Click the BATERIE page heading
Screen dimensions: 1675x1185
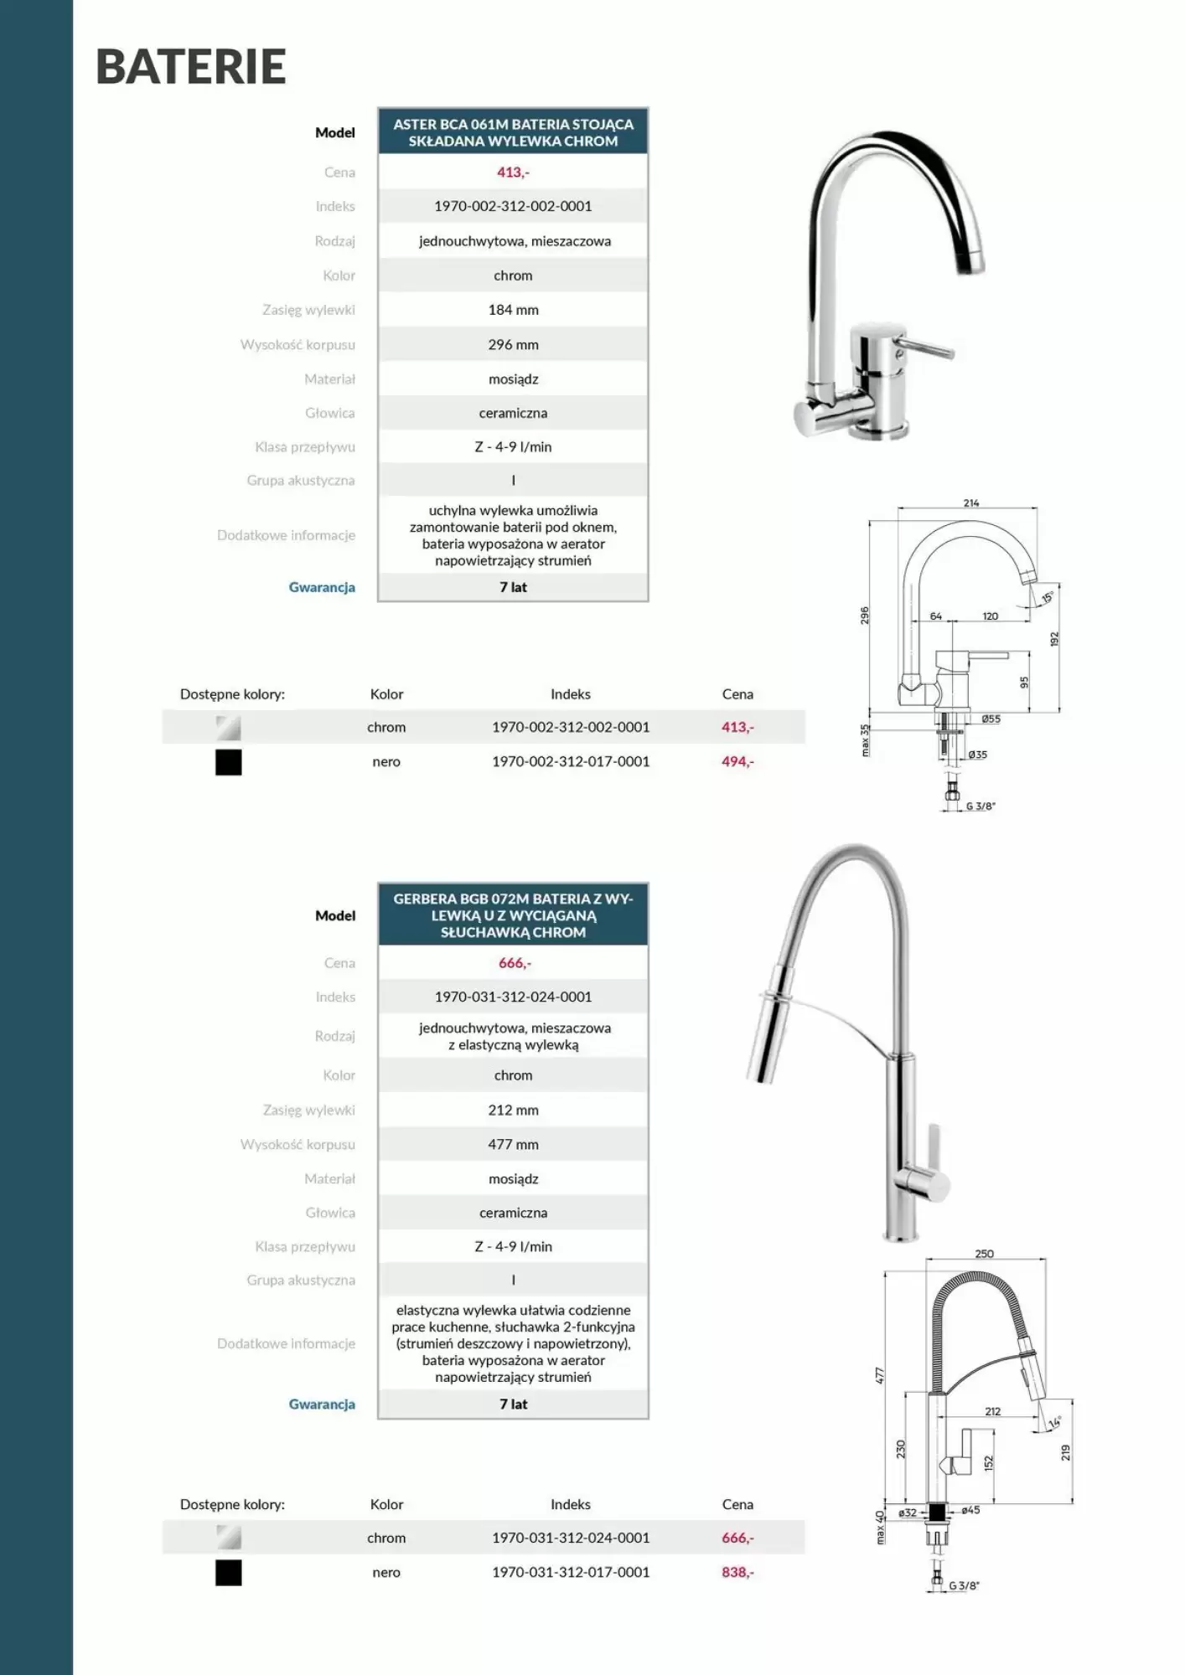[191, 67]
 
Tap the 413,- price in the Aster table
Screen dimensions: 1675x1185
[513, 173]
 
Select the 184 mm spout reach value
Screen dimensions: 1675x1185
[513, 310]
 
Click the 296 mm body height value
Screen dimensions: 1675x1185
[513, 344]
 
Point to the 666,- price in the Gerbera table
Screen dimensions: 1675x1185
[514, 963]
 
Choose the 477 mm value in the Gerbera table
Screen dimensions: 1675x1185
[513, 1144]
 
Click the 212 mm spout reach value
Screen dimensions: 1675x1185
[513, 1110]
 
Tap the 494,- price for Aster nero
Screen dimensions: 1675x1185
[737, 761]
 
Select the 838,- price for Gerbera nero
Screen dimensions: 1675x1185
[737, 1572]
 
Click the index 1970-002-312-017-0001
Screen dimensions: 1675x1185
[571, 761]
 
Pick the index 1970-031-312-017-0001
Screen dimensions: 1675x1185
[571, 1572]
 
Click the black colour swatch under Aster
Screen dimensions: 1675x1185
[228, 762]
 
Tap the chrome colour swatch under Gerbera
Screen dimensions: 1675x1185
[228, 1538]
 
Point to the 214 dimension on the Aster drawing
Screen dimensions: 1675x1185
[970, 503]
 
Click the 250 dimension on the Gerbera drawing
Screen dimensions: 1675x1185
[984, 1254]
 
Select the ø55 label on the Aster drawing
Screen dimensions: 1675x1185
[991, 719]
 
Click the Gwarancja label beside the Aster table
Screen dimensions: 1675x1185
[322, 587]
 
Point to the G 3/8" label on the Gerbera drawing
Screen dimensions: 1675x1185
[964, 1585]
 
